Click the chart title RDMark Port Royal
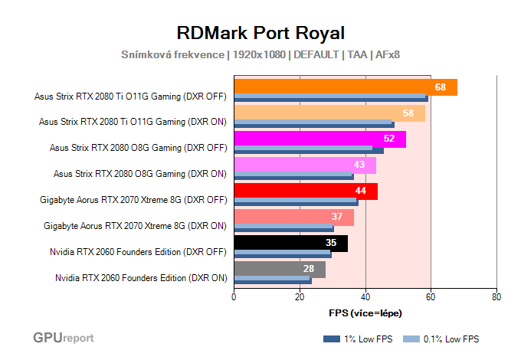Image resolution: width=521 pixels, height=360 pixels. [260, 33]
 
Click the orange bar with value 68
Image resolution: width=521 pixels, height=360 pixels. [345, 87]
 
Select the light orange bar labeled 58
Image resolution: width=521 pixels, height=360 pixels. [329, 113]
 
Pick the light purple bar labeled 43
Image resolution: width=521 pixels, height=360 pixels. [304, 165]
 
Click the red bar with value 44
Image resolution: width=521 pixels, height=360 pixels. [305, 191]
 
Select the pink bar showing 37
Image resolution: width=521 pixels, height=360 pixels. [293, 217]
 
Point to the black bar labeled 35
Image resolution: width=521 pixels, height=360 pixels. [290, 243]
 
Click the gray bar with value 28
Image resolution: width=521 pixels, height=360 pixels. [279, 269]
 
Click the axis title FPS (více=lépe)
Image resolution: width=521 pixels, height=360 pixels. [365, 313]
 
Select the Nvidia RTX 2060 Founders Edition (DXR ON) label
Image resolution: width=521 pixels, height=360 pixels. [141, 277]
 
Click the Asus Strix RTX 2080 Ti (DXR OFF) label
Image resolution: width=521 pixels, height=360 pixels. [131, 96]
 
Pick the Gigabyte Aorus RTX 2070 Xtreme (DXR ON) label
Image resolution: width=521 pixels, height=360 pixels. [135, 225]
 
